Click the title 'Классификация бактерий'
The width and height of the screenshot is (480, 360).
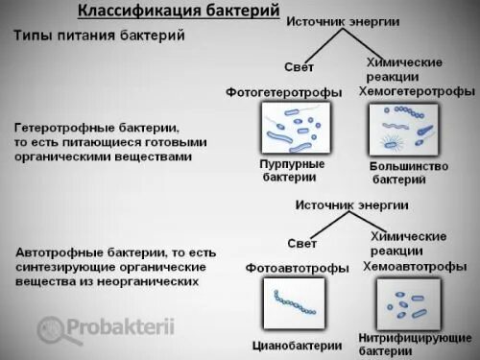coord(195,11)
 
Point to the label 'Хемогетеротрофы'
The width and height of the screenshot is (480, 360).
coord(416,91)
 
